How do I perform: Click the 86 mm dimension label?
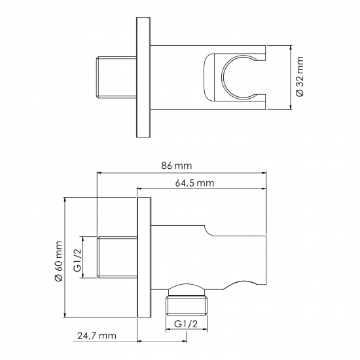176,166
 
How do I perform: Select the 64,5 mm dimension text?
194,183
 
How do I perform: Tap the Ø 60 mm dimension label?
59,261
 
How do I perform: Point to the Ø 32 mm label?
300,77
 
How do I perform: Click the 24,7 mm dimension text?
97,336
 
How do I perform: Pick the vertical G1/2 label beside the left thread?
79,257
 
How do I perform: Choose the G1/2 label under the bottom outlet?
186,324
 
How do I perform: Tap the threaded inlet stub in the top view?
116,77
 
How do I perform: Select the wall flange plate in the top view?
143,77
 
